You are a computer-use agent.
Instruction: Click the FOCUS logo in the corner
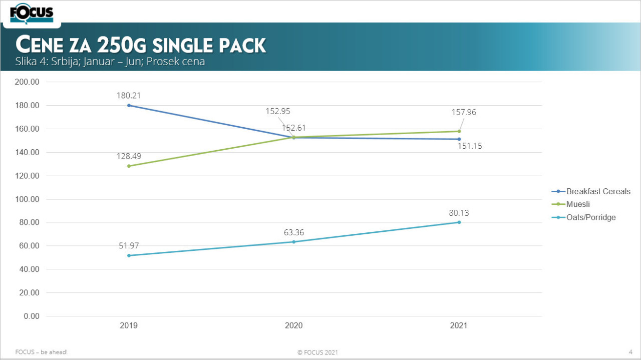(32, 13)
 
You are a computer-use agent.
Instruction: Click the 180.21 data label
(129, 96)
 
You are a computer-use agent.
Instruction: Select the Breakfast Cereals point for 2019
(129, 105)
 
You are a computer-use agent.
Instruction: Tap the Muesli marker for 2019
(129, 166)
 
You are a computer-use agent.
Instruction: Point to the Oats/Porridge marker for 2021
(459, 222)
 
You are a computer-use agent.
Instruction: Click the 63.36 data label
(293, 232)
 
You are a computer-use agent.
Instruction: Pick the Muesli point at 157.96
(459, 131)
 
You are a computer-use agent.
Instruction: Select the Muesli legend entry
(578, 204)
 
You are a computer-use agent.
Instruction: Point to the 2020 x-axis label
(293, 325)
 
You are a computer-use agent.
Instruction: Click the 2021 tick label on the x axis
(459, 325)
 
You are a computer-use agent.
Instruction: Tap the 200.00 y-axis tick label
(28, 82)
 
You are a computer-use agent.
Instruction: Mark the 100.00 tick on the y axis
(28, 199)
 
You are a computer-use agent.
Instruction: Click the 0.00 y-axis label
(32, 316)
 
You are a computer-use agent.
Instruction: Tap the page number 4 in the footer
(630, 352)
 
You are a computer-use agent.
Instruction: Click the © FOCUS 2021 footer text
(317, 352)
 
